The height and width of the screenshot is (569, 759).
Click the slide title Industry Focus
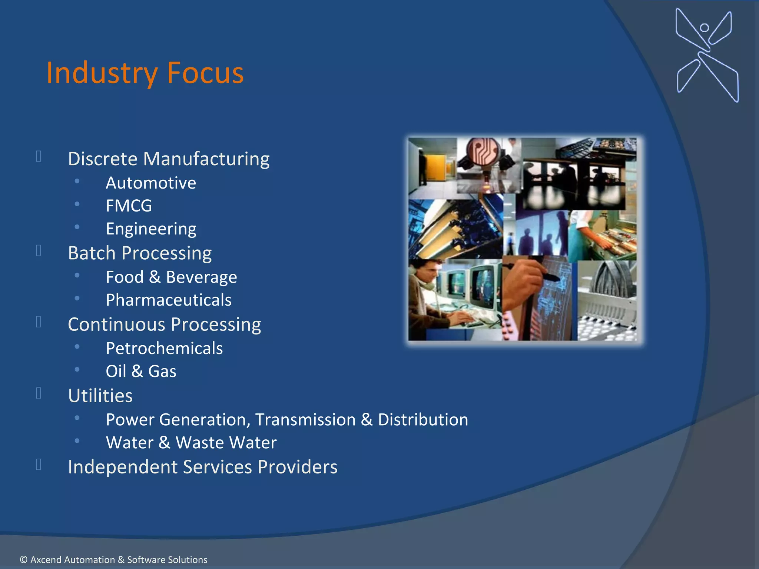(x=145, y=73)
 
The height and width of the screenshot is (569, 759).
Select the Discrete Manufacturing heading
(x=169, y=159)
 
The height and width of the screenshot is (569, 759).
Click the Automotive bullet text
(x=151, y=183)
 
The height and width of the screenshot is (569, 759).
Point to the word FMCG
(x=129, y=206)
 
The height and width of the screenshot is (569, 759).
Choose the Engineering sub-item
(x=151, y=229)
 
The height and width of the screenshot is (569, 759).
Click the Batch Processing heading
(x=140, y=253)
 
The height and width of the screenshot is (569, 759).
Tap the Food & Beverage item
(x=171, y=277)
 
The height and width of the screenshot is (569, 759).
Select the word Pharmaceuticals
(x=169, y=300)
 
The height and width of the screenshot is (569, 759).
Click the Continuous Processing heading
(x=164, y=325)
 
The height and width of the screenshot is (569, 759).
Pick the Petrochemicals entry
(x=164, y=349)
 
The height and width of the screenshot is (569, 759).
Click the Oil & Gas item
(x=141, y=371)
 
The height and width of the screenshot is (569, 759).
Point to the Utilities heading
(x=100, y=396)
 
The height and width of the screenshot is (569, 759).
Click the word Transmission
(x=305, y=420)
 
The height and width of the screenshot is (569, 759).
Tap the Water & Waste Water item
(x=191, y=443)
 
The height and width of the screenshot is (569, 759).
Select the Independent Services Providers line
(x=203, y=467)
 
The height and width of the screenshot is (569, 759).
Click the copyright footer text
(x=113, y=559)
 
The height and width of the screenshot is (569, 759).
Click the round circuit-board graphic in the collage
(x=483, y=152)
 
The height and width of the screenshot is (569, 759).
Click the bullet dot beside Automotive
(x=77, y=181)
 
